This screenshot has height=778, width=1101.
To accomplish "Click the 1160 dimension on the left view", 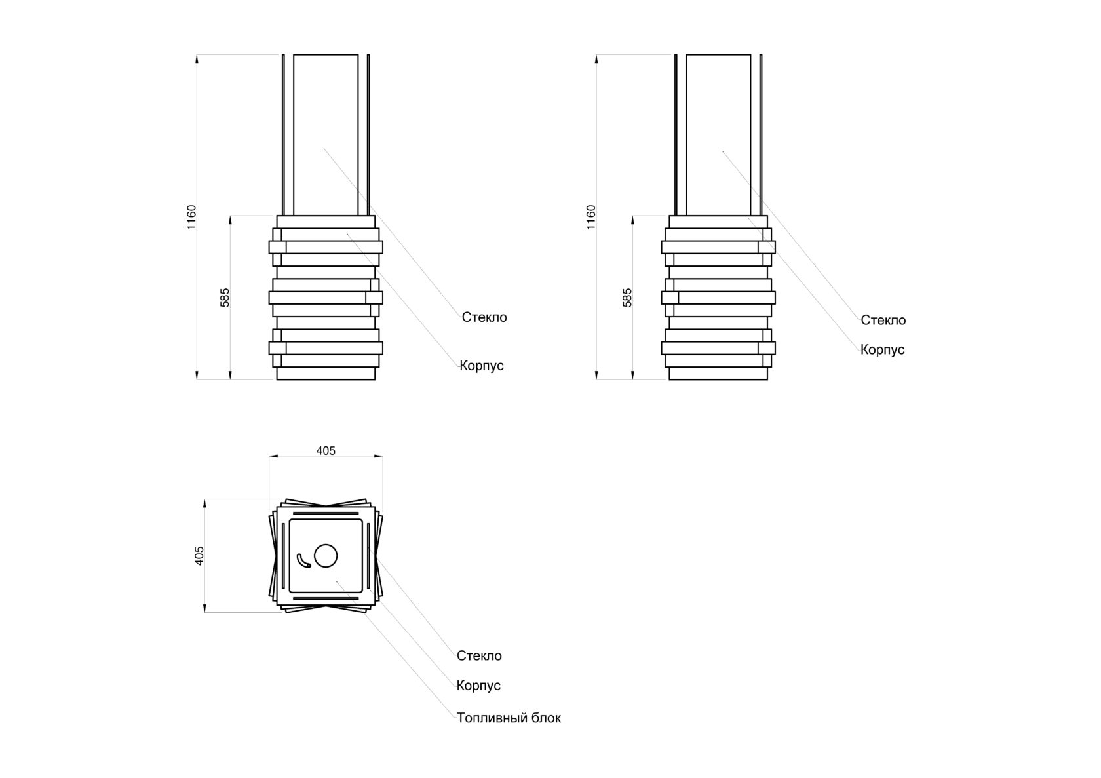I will coord(191,217).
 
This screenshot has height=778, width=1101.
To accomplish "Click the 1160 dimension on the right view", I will coord(591,217).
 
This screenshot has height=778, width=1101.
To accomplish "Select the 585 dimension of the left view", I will coord(225,298).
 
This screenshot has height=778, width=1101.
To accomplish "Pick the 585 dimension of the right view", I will coord(627,298).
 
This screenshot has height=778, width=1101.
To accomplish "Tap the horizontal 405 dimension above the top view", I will coord(326,450).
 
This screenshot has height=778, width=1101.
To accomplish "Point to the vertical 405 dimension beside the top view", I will coord(200,555).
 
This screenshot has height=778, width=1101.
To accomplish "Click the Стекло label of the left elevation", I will coord(484,317).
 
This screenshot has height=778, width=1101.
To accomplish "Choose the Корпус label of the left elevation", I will coord(482,366).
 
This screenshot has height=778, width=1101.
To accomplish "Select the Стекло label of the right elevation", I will coord(883,321).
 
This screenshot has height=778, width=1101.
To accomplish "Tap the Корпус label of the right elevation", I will coord(883,350).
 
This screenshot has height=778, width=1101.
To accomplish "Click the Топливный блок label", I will coord(509,718).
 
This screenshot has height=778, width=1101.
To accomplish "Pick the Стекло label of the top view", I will coord(479,656).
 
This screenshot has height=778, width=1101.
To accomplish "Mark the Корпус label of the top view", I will coord(478,686).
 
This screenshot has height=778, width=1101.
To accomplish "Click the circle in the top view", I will coord(326,556).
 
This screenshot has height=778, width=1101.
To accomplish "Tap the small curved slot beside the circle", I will coord(303,560).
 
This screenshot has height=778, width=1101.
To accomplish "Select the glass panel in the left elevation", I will coord(326,134).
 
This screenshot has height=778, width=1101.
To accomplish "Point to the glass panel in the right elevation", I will coord(718,134).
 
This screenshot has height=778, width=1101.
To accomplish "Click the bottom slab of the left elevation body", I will coord(326,374).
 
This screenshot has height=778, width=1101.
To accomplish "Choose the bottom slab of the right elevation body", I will coord(718,374).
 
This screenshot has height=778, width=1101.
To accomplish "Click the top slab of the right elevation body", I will coord(718,222).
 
